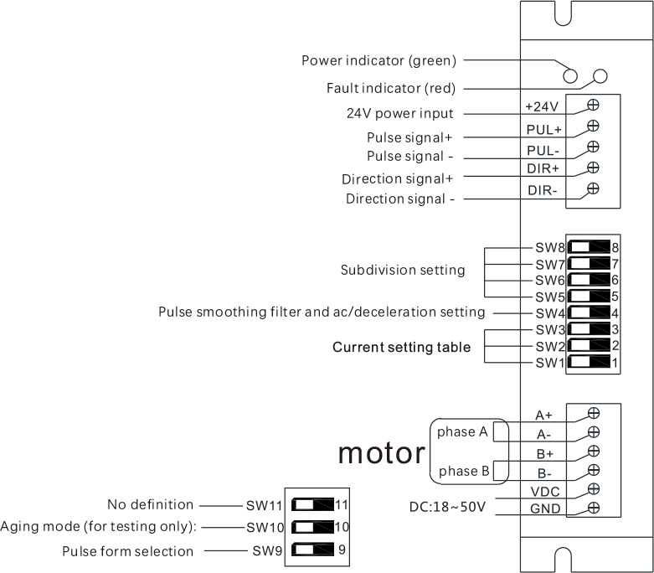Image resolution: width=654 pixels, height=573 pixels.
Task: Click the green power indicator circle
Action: [x=570, y=76]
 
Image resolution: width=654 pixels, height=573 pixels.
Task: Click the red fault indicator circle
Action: [x=599, y=76]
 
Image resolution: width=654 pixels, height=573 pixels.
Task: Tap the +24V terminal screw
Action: [x=593, y=105]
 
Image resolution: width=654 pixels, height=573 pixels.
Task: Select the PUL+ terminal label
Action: [x=544, y=131]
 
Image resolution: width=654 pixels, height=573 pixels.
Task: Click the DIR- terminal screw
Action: [x=593, y=188]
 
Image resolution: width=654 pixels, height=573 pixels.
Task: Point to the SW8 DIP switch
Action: [x=589, y=247]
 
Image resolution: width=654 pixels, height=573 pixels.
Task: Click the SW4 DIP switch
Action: [x=589, y=312]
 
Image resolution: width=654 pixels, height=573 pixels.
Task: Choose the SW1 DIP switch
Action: [x=589, y=363]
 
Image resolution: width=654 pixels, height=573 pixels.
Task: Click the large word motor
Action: [x=381, y=453]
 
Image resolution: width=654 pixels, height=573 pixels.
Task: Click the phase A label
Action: [x=462, y=432]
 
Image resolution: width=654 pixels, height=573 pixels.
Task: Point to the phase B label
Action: [x=463, y=471]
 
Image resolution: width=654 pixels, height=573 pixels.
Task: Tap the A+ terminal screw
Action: [x=594, y=413]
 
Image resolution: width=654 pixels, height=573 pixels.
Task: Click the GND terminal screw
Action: [x=594, y=508]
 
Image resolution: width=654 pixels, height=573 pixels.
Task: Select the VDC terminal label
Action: [x=544, y=491]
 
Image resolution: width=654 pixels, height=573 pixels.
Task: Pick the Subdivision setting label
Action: [x=403, y=271]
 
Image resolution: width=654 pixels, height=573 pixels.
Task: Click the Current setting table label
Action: [x=401, y=347]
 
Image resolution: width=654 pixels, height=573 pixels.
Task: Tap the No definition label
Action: [x=150, y=505]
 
